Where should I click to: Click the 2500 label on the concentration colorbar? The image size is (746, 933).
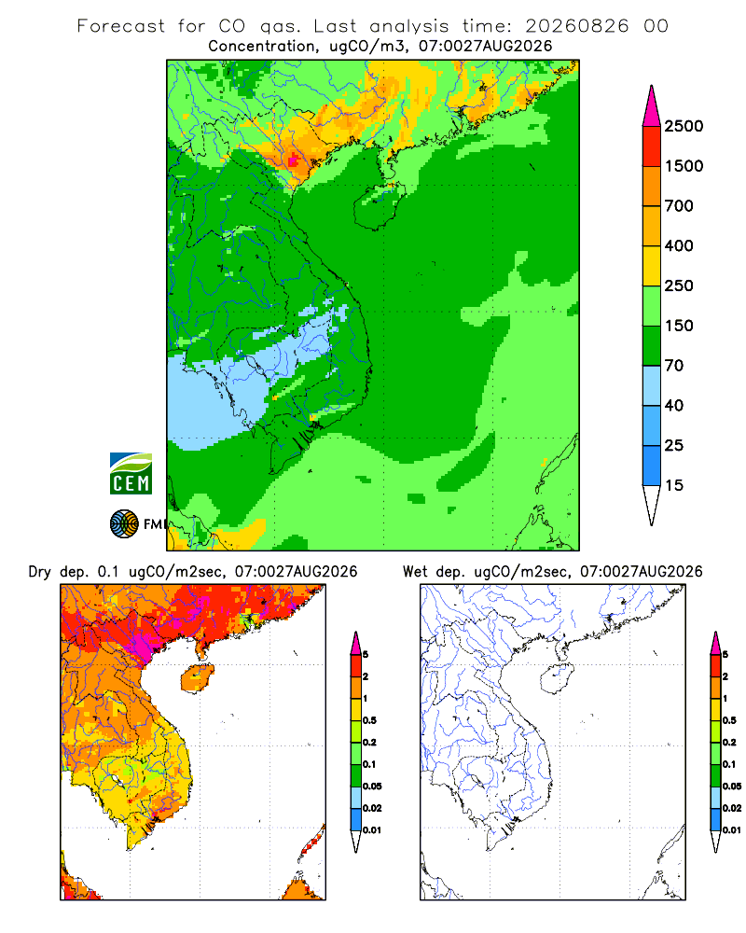[x=684, y=126]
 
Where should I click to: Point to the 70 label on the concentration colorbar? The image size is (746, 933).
[x=673, y=366]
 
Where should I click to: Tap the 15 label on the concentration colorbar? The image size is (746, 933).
[x=673, y=485]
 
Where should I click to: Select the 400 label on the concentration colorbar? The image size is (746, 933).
[x=679, y=245]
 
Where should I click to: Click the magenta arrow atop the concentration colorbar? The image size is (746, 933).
[x=652, y=107]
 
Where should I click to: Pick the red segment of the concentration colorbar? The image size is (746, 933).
[x=652, y=146]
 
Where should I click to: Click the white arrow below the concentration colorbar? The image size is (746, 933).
[x=652, y=505]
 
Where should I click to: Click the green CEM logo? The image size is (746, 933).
[x=131, y=474]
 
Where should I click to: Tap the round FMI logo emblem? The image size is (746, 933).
[x=124, y=524]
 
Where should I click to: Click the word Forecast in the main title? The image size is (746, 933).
[x=121, y=26]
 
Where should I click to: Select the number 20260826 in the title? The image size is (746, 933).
[x=576, y=26]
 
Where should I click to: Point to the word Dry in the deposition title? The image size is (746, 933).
[x=40, y=573]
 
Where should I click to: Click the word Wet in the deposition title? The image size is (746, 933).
[x=415, y=572]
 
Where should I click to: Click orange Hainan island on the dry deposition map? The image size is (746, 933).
[x=198, y=679]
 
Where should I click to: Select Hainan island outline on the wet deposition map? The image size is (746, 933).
[x=558, y=679]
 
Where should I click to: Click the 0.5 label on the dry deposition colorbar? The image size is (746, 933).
[x=369, y=720]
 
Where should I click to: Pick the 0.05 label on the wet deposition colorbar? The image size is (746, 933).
[x=732, y=787]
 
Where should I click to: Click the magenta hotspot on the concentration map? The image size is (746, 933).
[x=294, y=160]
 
